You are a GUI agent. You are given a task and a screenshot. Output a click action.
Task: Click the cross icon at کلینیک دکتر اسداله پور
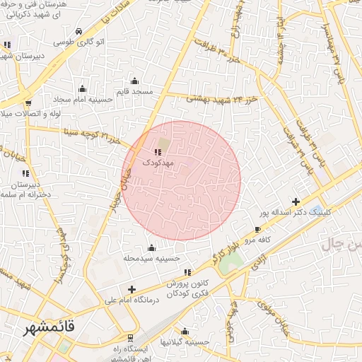point(296,202)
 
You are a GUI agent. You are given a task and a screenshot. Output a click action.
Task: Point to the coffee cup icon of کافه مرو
point(257,230)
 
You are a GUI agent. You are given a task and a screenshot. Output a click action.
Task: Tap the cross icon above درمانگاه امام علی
point(132,289)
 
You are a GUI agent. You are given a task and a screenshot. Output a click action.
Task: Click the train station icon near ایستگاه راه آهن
point(129,338)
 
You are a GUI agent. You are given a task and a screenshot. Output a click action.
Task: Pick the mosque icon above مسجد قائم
point(134,81)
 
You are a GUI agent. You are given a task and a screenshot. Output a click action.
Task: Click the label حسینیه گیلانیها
point(185,342)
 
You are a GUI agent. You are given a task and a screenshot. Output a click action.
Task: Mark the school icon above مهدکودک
point(157,151)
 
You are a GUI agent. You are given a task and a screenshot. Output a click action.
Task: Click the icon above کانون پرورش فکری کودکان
point(187,272)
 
